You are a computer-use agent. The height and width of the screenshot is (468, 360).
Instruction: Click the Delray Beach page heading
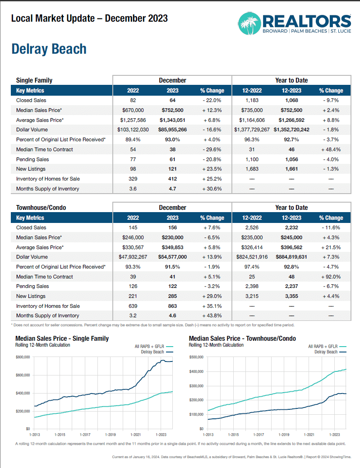(49, 49)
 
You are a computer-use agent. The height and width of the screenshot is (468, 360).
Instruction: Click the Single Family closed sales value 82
(133, 100)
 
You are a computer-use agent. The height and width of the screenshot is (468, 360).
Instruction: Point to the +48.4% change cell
(331, 149)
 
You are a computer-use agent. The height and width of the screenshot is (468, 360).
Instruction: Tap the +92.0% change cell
(331, 277)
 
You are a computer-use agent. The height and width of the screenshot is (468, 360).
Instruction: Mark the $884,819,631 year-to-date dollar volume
(291, 257)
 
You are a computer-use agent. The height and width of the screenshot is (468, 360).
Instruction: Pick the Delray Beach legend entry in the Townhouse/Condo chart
(326, 352)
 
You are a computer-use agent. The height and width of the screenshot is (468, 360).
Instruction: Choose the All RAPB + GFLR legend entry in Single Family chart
(147, 346)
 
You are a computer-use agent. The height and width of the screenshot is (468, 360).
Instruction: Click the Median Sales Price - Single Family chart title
(62, 338)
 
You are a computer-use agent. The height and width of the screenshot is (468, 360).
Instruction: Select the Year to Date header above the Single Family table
(291, 80)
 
